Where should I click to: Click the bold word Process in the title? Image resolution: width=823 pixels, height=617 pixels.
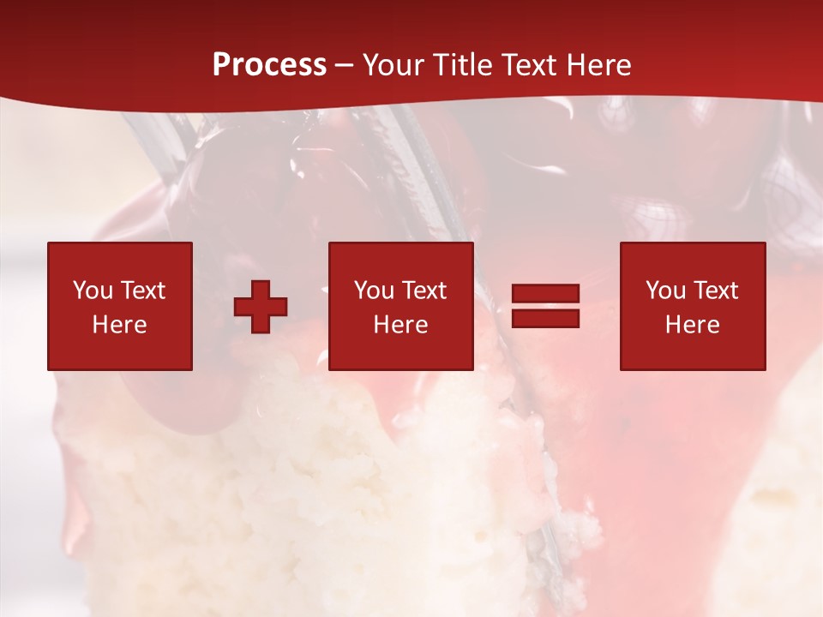tap(269, 65)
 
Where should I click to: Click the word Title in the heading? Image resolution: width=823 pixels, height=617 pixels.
tap(462, 65)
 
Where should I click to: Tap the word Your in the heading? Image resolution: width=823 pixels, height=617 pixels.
tap(393, 65)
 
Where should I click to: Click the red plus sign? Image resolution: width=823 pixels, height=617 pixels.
tap(261, 306)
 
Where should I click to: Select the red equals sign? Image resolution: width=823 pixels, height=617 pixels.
tap(545, 306)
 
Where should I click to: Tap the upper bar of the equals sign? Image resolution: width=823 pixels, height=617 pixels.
tap(545, 294)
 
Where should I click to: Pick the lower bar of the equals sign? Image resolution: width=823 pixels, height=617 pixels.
tap(545, 319)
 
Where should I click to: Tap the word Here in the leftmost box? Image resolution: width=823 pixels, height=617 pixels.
tap(120, 325)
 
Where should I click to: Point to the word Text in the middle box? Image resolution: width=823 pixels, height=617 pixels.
tap(424, 291)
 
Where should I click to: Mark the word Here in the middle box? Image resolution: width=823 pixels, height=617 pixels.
tap(401, 325)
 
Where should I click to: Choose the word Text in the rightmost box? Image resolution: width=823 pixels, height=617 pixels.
tap(716, 291)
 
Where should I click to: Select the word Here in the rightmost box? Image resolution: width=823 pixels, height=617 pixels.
tap(693, 325)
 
